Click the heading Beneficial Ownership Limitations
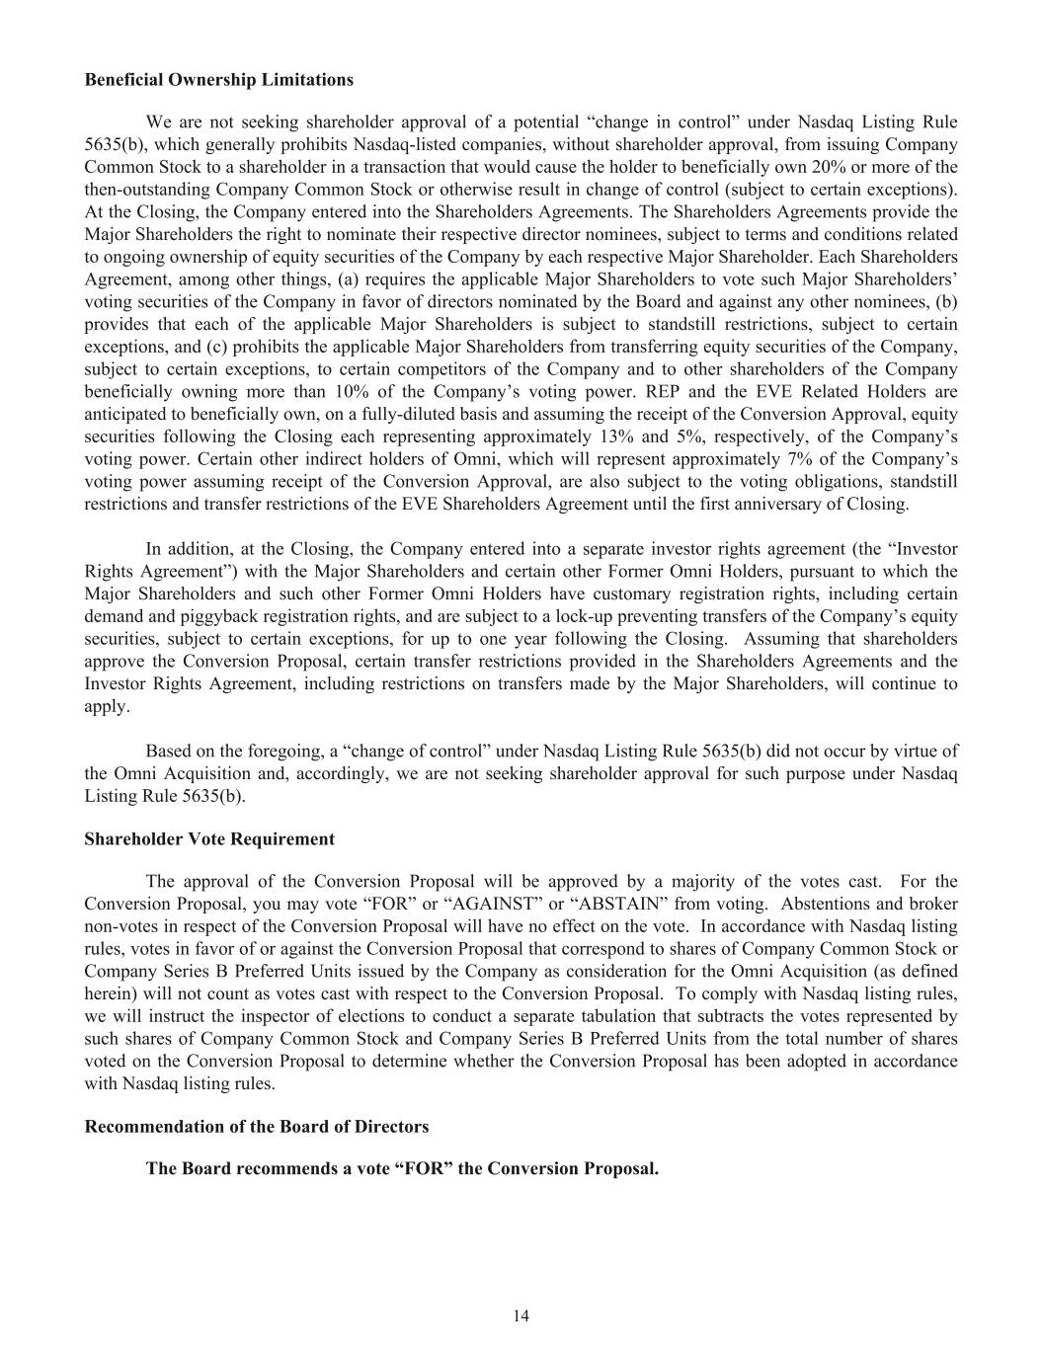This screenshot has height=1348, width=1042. tap(218, 79)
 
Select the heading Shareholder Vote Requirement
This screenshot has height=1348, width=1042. tap(209, 839)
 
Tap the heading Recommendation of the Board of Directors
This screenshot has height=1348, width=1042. tap(257, 1127)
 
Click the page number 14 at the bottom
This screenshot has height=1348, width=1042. tap(521, 1315)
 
